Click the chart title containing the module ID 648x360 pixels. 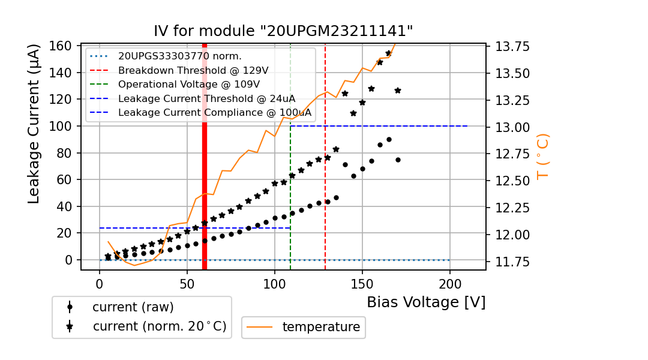pyautogui.click(x=283, y=31)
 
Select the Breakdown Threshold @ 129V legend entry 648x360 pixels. pyautogui.click(x=193, y=70)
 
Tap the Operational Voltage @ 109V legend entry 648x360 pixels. pyautogui.click(x=188, y=84)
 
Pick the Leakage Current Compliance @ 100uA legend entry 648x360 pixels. pyautogui.click(x=214, y=112)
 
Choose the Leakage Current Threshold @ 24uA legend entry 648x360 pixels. pyautogui.click(x=206, y=98)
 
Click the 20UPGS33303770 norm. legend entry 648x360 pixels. pyautogui.click(x=179, y=56)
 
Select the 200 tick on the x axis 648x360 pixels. pyautogui.click(x=450, y=282)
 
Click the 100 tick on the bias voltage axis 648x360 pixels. pyautogui.click(x=275, y=282)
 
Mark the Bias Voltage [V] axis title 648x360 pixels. pyautogui.click(x=426, y=302)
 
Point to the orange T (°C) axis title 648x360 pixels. pyautogui.click(x=543, y=156)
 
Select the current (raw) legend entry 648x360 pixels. pyautogui.click(x=133, y=307)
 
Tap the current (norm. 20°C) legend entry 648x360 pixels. pyautogui.click(x=159, y=327)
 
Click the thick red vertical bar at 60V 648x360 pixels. pyautogui.click(x=205, y=156)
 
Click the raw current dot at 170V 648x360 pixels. pyautogui.click(x=398, y=160)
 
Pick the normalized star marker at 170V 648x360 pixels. pyautogui.click(x=398, y=91)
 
